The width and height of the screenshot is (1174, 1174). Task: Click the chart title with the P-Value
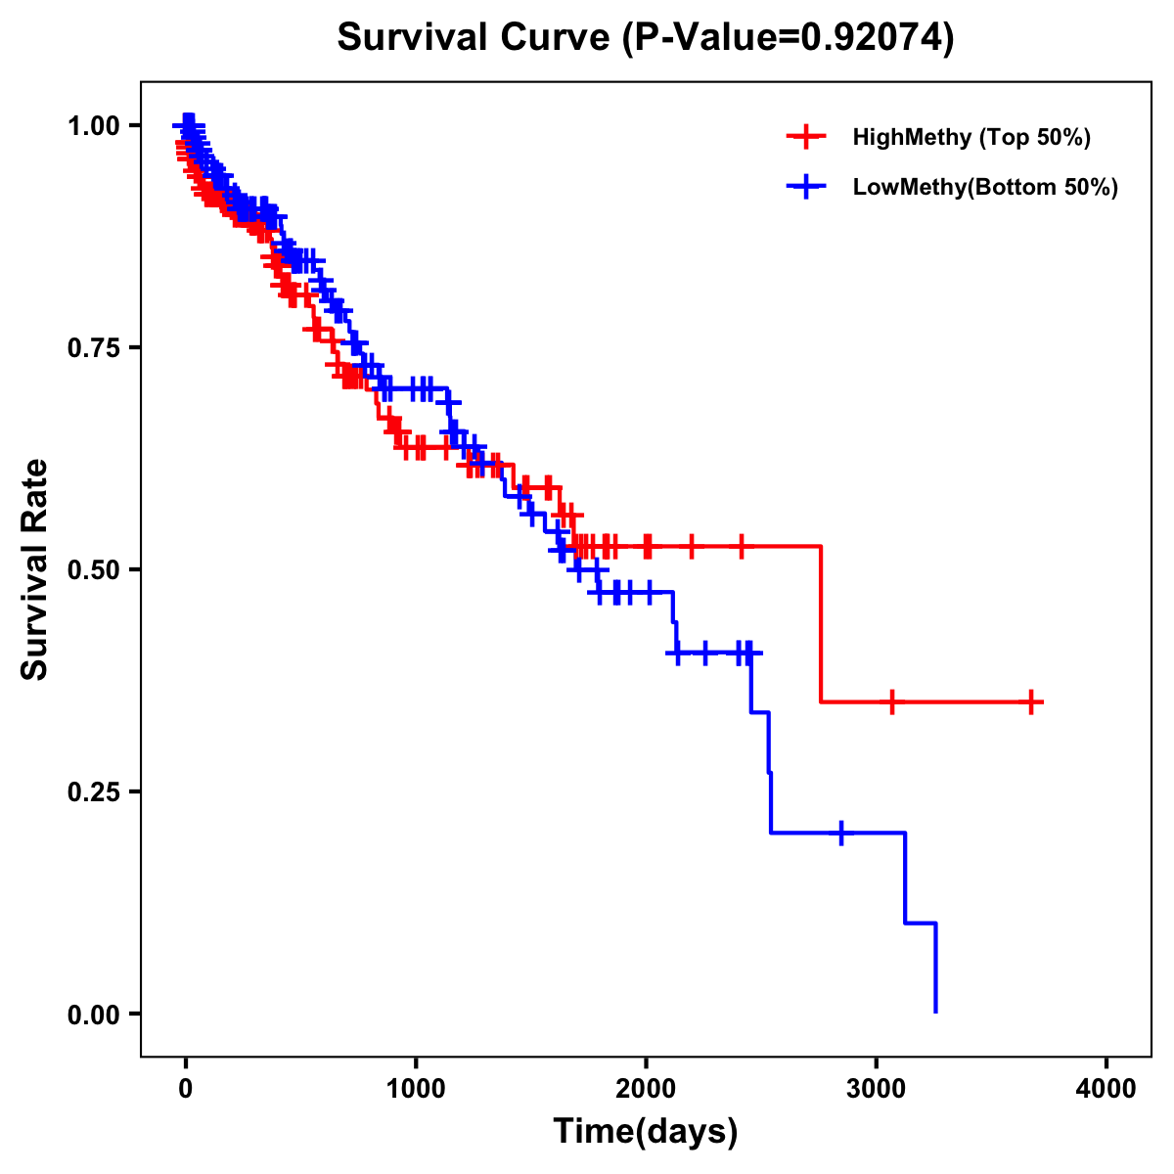[645, 38]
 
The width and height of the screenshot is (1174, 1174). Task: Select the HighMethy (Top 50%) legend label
[971, 137]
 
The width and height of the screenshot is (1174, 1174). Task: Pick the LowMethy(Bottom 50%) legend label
[985, 187]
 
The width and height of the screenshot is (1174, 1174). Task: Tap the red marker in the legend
[806, 137]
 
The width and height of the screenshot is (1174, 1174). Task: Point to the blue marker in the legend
[806, 187]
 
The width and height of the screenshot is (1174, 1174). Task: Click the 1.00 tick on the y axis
[93, 125]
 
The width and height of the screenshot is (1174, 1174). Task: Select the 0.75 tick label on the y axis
[93, 347]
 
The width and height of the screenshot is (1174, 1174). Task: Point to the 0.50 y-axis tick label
[93, 569]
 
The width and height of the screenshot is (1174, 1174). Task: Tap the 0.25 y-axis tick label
[93, 791]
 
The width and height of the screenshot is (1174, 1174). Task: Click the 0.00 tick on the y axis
[93, 1014]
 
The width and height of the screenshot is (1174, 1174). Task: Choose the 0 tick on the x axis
[185, 1089]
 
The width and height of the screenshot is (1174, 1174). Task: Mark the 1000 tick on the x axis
[416, 1089]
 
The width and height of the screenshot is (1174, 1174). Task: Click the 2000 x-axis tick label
[646, 1089]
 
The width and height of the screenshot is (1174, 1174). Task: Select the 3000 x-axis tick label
[877, 1089]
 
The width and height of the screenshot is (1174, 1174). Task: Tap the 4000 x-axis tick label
[1106, 1089]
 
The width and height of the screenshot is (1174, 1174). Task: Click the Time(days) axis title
[646, 1132]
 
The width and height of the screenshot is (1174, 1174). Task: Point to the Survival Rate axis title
[35, 569]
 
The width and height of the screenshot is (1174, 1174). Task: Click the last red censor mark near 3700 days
[1031, 701]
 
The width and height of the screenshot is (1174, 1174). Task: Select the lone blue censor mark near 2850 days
[841, 833]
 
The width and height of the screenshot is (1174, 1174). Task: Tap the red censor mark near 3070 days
[891, 701]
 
